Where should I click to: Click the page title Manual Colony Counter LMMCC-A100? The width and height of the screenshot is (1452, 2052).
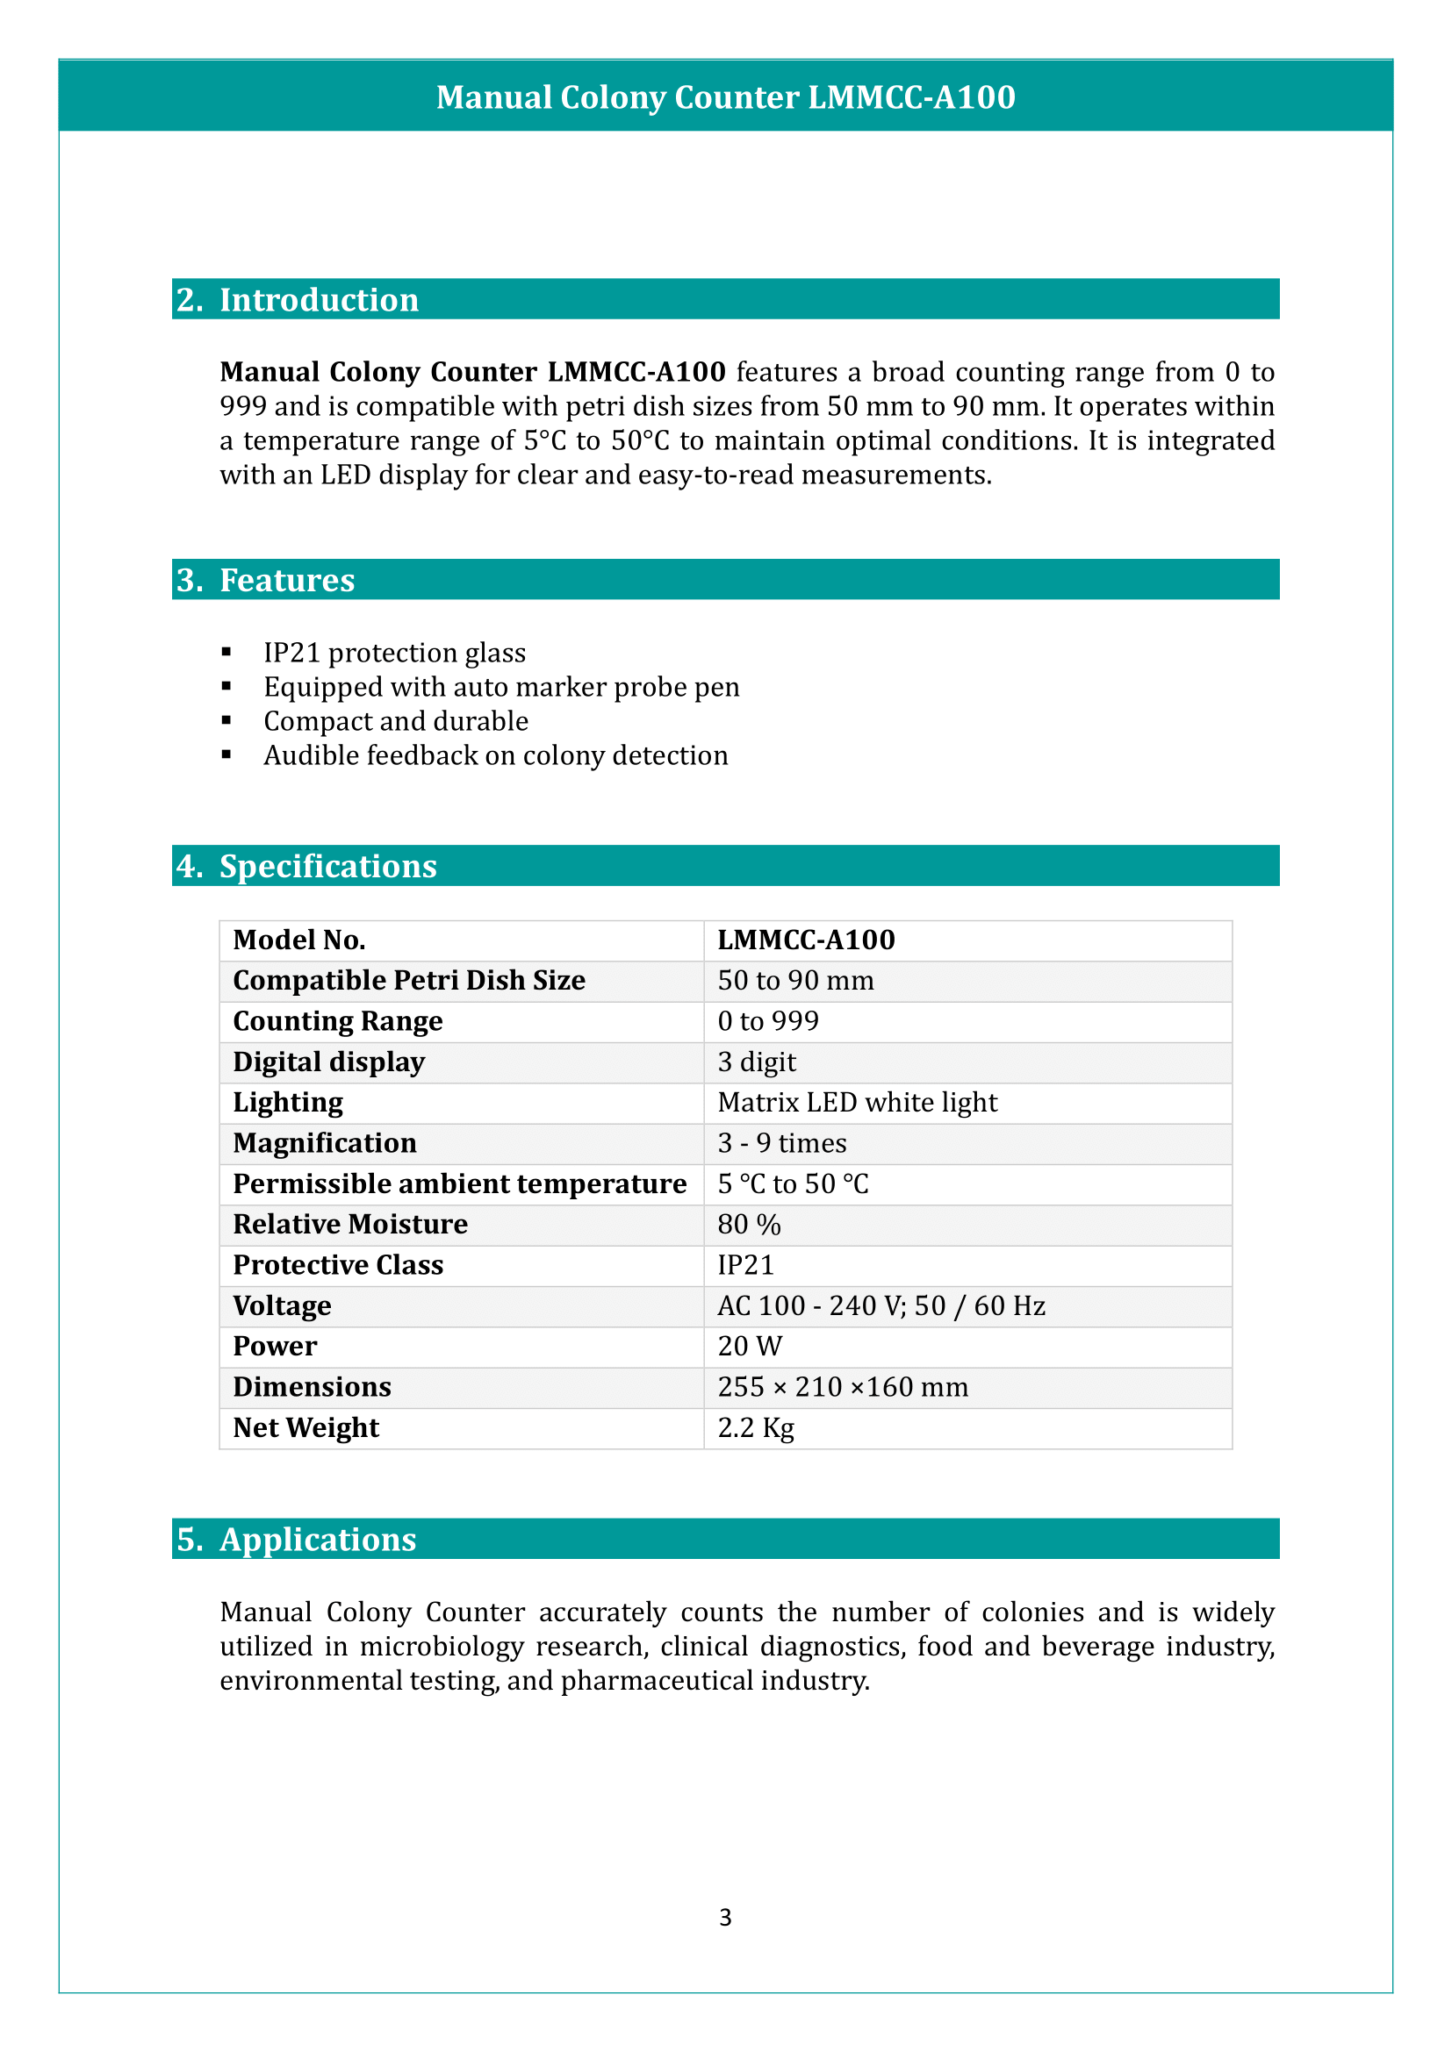(725, 97)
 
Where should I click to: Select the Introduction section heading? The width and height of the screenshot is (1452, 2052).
(319, 299)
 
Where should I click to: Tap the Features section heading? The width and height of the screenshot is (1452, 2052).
(286, 580)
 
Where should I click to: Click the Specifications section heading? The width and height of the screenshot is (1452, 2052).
(327, 866)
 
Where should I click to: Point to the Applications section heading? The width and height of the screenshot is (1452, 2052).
(318, 1539)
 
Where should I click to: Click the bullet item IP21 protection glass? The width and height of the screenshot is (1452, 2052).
(394, 653)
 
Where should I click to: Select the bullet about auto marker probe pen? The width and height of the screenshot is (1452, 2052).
(500, 686)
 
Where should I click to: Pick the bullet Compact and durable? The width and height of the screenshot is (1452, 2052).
(395, 720)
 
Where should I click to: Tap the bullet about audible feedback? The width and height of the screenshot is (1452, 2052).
(495, 755)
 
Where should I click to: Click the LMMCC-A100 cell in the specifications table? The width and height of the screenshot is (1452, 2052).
(806, 940)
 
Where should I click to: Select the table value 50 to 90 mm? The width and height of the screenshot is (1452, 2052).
(794, 981)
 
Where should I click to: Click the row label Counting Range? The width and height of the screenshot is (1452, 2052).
(337, 1020)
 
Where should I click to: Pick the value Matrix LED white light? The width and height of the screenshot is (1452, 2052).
(857, 1102)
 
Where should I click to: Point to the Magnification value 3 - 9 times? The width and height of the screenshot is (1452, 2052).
(781, 1143)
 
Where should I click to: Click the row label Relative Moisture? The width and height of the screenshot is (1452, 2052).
(349, 1224)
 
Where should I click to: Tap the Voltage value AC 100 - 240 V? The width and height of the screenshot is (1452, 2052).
(881, 1305)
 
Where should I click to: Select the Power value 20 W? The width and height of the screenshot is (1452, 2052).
(749, 1346)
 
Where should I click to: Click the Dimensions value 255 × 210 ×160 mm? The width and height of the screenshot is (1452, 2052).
(842, 1386)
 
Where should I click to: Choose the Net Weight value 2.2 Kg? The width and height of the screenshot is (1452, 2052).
(756, 1427)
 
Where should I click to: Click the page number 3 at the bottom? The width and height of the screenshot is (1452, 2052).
(725, 1917)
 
